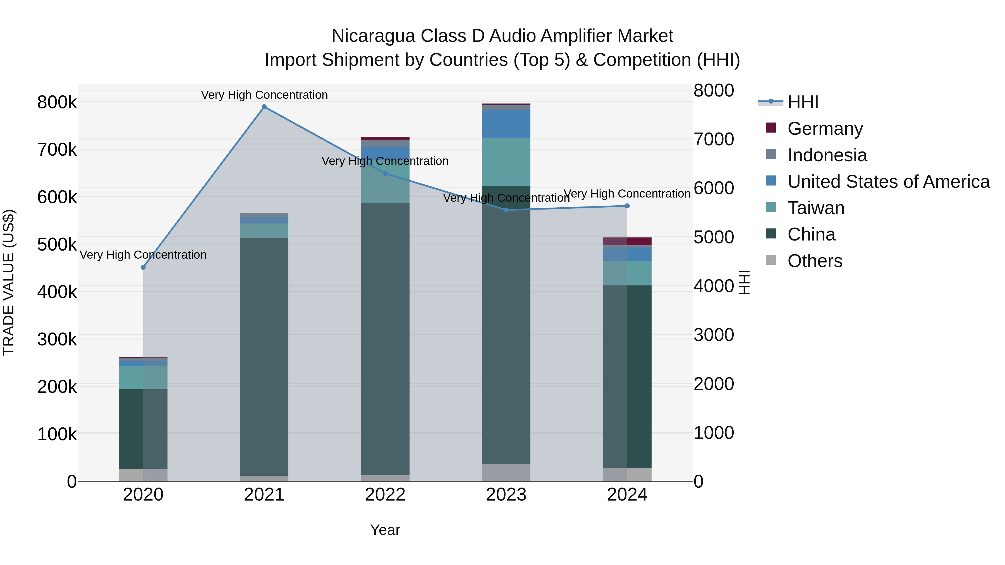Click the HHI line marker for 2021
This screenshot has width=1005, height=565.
pos(264,107)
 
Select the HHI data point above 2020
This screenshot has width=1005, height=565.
pos(143,268)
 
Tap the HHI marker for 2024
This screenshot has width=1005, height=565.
pos(627,206)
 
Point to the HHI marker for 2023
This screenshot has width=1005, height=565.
pos(506,210)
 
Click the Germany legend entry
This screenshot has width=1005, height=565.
pos(825,129)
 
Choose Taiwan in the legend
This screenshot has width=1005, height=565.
pos(815,208)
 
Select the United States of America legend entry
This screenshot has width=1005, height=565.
pos(888,182)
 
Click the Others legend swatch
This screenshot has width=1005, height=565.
pos(771,260)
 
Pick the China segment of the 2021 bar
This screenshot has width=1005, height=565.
pos(264,355)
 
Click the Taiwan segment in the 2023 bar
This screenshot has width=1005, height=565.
pos(506,162)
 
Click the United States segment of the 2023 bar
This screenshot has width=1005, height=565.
pos(506,124)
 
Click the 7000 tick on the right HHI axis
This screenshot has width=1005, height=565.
pos(714,139)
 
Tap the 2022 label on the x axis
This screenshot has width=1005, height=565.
pos(385,495)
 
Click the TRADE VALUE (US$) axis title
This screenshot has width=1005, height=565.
pos(9,282)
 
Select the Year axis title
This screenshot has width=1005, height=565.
pos(385,530)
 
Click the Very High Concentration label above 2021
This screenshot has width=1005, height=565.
pos(264,95)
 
